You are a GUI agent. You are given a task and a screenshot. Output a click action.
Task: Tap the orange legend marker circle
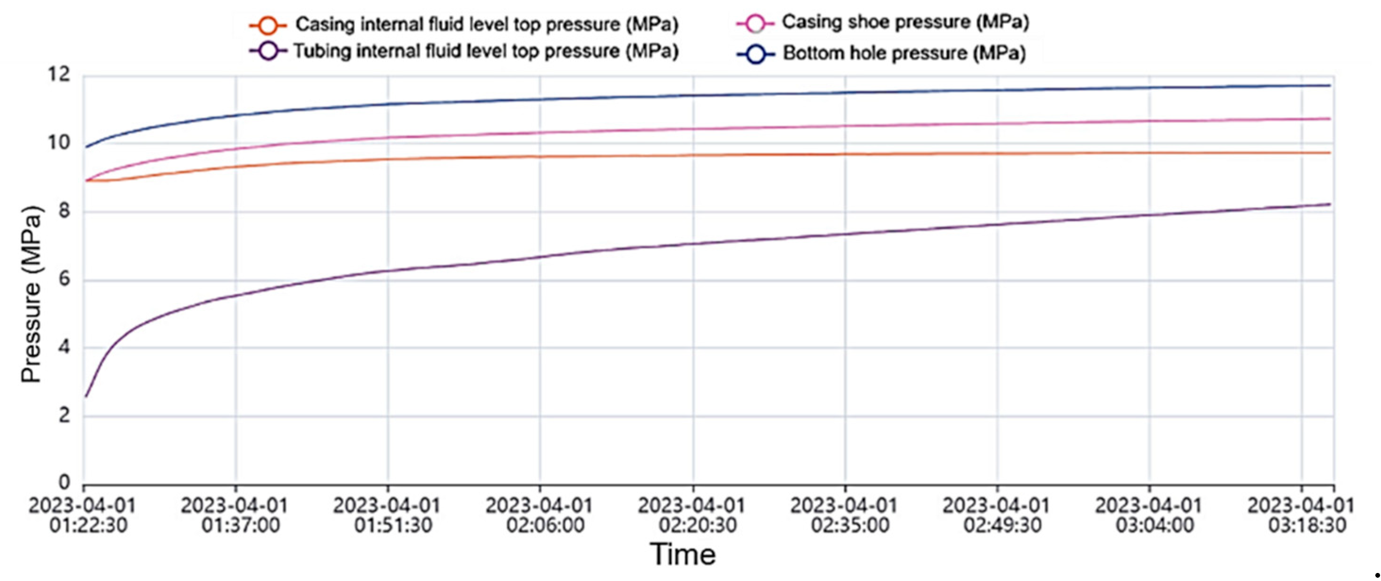point(268,25)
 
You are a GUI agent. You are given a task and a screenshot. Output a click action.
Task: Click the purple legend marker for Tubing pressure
point(268,51)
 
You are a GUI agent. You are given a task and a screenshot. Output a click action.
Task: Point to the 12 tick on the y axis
point(59,75)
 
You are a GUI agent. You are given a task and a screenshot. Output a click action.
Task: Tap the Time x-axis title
point(682,554)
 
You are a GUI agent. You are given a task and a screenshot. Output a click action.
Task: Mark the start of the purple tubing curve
point(86,396)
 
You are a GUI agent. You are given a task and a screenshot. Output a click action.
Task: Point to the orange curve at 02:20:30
point(693,155)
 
